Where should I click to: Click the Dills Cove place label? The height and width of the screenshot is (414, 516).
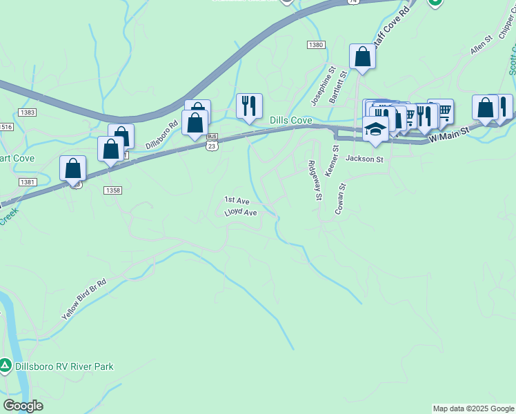coord(290,120)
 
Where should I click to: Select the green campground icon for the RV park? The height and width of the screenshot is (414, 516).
coord(6,365)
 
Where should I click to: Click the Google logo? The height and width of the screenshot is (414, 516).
coord(23,406)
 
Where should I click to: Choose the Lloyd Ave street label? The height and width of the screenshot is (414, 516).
coord(241,213)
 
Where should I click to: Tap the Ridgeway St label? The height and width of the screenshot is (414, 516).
coord(315,180)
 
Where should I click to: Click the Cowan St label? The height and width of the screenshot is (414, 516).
coord(340,199)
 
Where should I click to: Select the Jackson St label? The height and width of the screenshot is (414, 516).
coord(364,159)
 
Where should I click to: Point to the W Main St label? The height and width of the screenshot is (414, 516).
coord(448,135)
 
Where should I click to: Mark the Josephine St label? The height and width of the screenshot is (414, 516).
coord(322,86)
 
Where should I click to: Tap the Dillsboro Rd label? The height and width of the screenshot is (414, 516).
coord(162,135)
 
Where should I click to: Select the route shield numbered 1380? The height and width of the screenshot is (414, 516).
coord(316,45)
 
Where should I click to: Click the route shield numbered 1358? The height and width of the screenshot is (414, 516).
coord(112,190)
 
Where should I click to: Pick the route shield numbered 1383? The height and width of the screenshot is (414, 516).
coord(28,112)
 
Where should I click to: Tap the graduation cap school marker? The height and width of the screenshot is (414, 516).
coord(375,130)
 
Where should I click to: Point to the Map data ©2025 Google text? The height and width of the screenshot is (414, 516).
coord(473,408)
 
